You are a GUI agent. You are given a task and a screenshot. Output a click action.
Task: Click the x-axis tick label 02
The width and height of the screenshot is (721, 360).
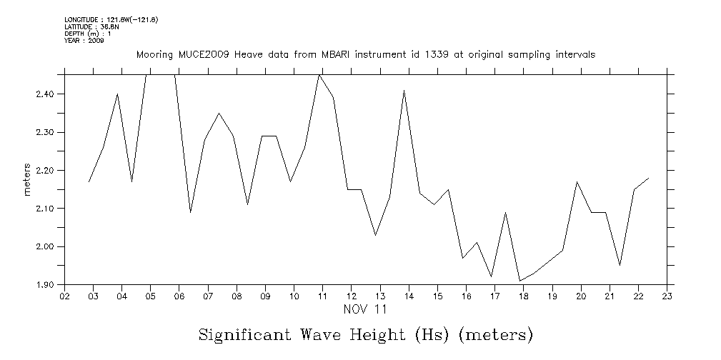pos(64,296)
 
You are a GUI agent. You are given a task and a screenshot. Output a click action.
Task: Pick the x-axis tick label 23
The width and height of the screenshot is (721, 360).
pos(667,296)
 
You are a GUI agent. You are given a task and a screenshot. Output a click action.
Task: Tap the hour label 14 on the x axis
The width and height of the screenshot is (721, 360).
pos(409,296)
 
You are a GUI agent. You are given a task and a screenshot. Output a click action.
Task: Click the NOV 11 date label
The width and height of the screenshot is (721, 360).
pos(365,310)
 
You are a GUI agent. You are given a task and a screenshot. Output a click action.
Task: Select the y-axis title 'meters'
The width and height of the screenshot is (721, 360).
pos(27,180)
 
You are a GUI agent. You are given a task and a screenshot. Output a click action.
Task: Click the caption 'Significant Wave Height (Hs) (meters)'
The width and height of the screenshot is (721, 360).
pos(365,334)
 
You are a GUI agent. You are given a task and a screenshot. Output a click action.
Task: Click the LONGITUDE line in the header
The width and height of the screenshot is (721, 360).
pos(111,19)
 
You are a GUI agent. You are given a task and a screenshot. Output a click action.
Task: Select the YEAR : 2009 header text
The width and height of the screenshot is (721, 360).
pos(84,41)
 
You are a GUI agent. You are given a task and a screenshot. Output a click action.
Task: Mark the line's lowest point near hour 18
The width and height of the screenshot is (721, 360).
pos(519,281)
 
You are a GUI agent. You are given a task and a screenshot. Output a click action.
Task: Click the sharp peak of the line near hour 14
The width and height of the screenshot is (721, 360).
pos(404,90)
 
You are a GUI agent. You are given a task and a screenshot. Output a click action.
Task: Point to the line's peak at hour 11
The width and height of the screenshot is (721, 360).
pos(319,74)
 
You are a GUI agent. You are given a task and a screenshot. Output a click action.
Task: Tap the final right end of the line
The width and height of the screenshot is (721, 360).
pos(649,178)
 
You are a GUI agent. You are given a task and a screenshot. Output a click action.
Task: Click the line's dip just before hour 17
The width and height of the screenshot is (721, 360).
pos(491,276)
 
